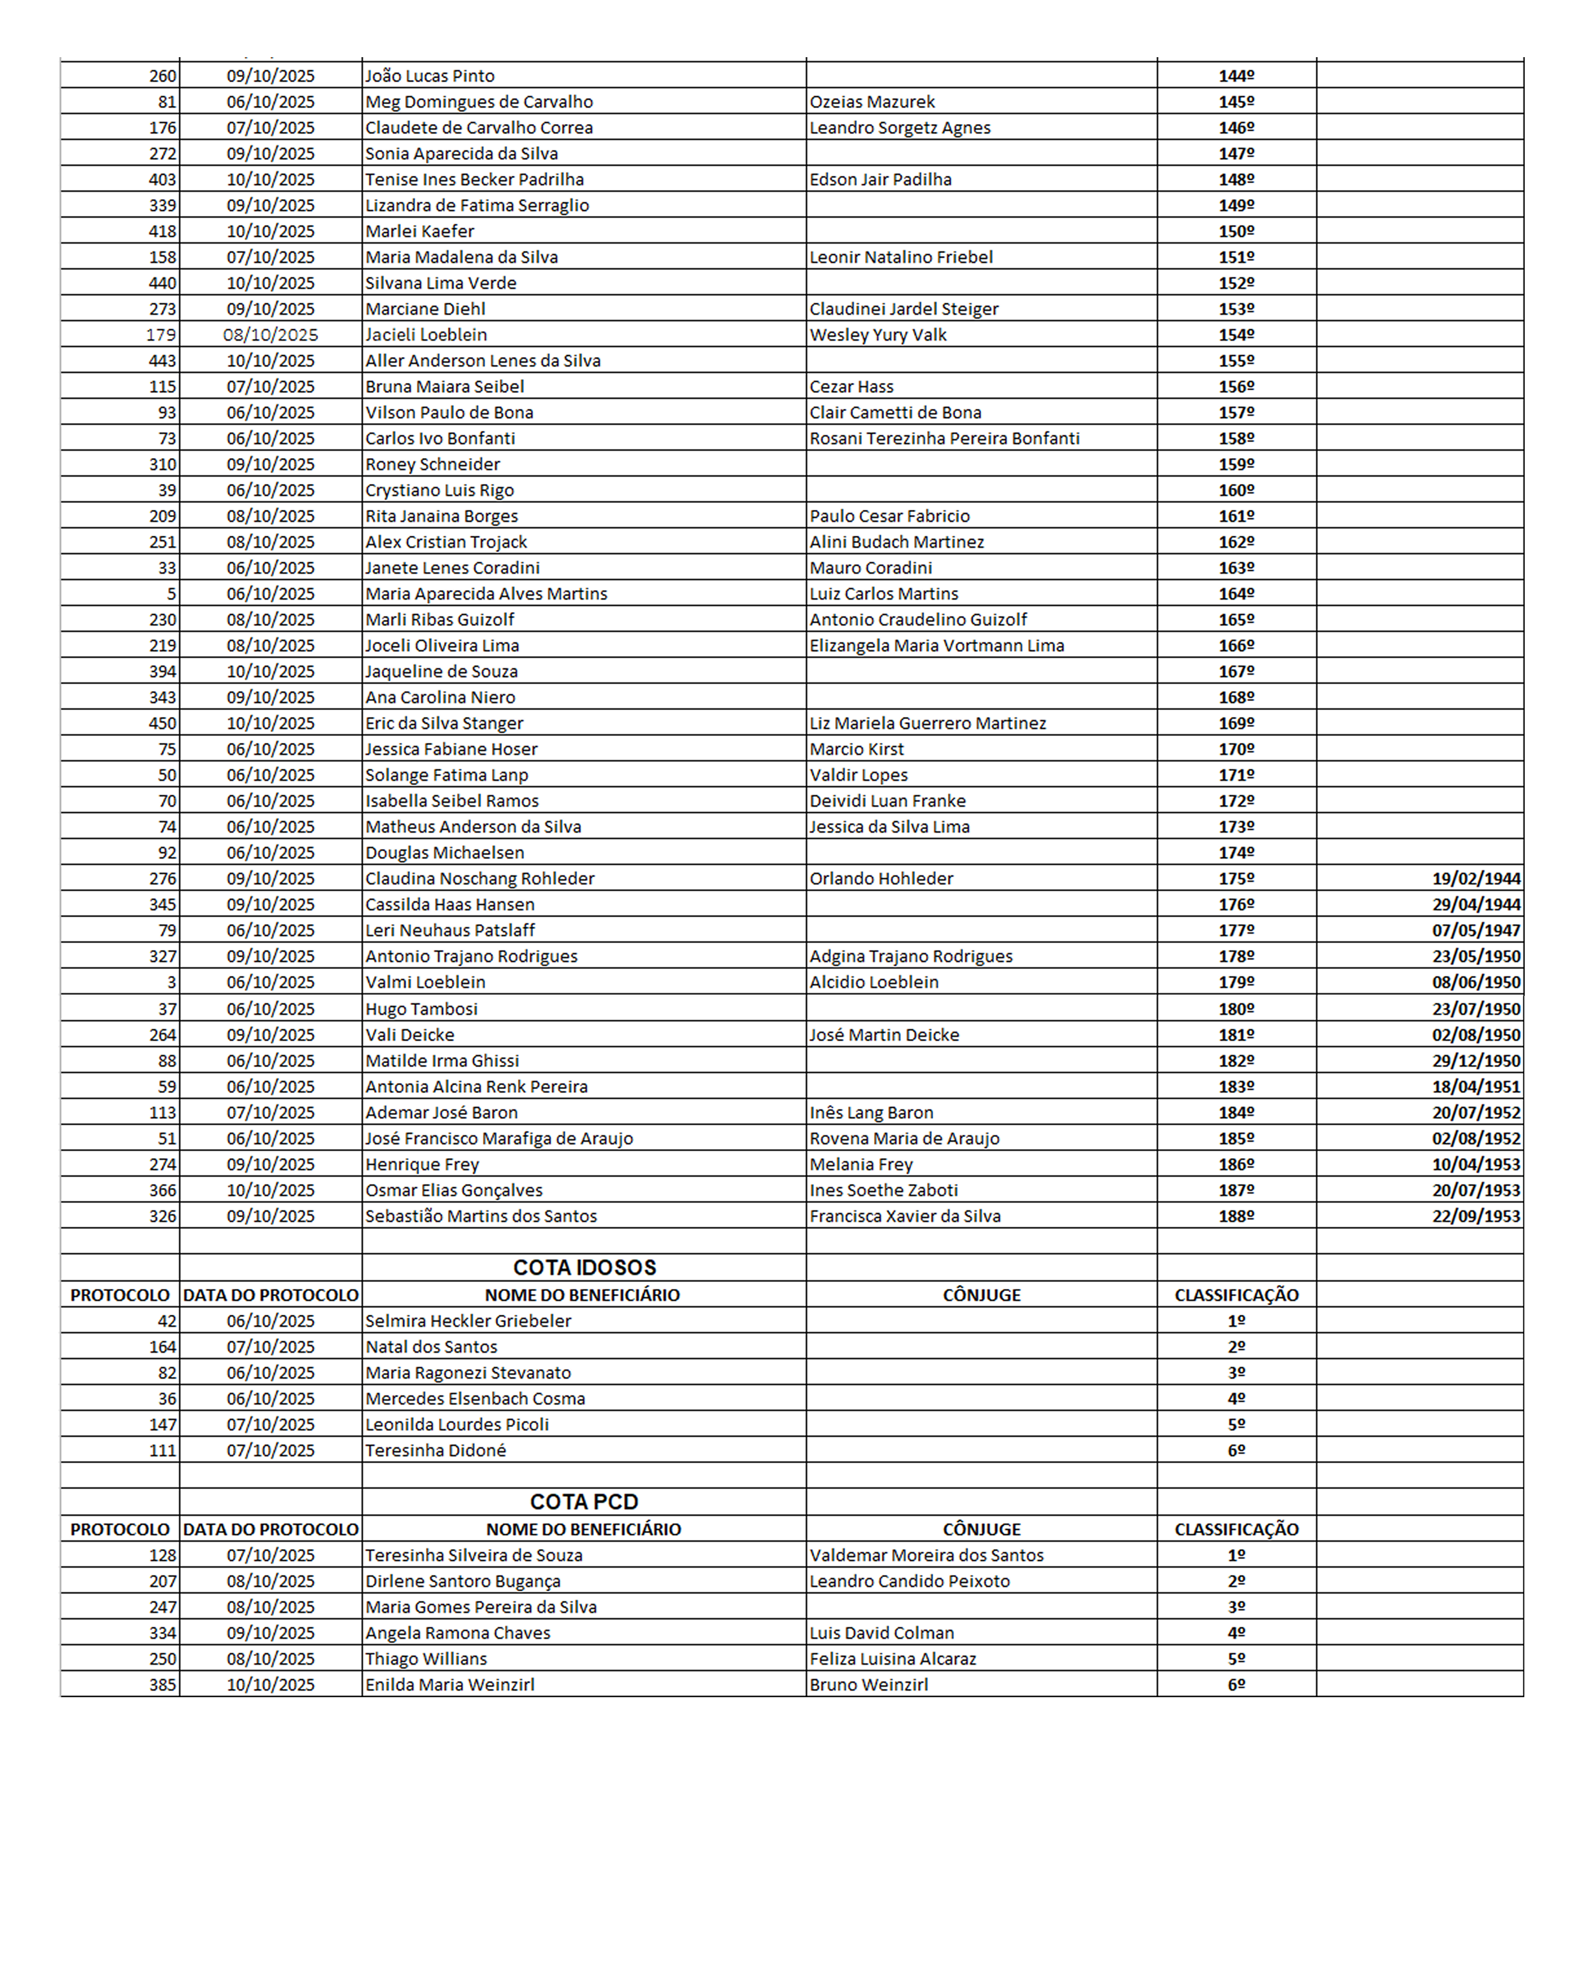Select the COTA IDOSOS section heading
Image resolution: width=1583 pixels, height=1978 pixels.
584,1267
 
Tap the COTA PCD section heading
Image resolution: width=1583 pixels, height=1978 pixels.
584,1502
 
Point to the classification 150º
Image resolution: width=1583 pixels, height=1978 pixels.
1236,231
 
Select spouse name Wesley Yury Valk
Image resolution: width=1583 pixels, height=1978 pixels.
877,335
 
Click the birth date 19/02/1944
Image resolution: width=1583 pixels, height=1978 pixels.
1476,878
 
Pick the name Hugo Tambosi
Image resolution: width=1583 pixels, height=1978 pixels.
421,1008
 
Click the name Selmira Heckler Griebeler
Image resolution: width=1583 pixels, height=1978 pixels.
468,1320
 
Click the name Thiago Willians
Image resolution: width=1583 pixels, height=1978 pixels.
426,1659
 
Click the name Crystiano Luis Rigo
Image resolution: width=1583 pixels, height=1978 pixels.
440,490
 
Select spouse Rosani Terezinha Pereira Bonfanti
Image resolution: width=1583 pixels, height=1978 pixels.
944,439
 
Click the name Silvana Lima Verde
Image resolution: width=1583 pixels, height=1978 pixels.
441,283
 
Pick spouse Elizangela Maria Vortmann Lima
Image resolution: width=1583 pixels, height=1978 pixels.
936,645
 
